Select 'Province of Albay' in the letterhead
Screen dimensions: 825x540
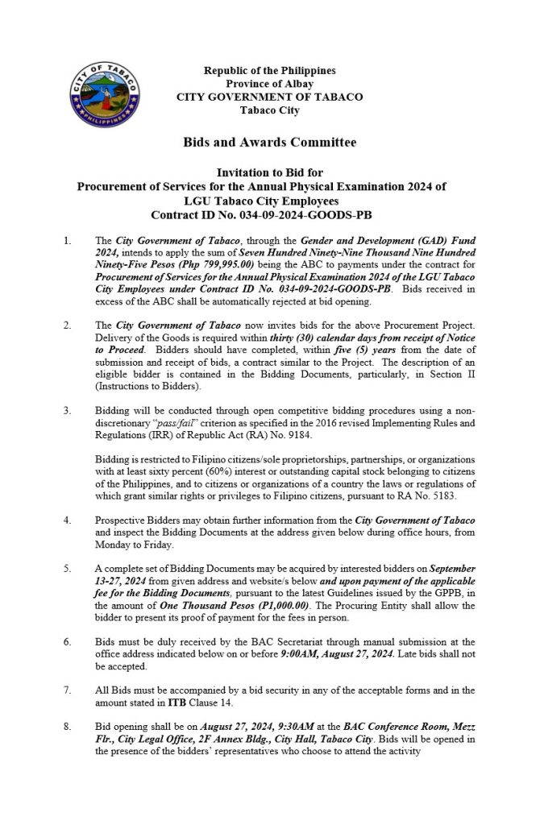click(269, 84)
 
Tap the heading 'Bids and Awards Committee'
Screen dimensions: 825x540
click(269, 143)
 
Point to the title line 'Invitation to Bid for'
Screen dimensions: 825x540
click(269, 173)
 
